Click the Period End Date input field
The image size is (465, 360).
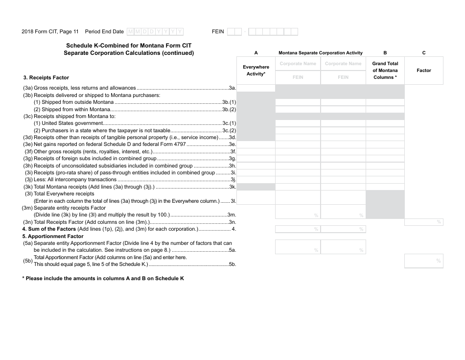click(x=155, y=32)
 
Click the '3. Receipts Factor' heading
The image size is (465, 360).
click(x=46, y=77)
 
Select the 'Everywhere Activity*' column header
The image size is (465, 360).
click(x=256, y=71)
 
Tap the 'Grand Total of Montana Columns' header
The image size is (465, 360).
click(x=385, y=71)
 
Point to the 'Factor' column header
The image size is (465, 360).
click(x=423, y=71)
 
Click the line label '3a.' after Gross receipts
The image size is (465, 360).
click(x=232, y=88)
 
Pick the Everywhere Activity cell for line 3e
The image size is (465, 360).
click(x=256, y=144)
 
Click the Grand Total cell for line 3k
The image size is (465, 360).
click(x=385, y=187)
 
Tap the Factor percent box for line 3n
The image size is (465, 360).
click(x=423, y=222)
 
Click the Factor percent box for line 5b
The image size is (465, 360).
click(x=423, y=261)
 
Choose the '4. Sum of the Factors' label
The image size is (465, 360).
click(x=49, y=229)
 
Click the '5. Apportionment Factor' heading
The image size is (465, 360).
click(x=53, y=236)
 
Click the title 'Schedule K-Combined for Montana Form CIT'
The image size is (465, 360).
click(x=129, y=46)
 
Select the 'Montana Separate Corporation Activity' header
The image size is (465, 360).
click(x=321, y=53)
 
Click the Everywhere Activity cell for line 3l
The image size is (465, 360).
click(x=256, y=197)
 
